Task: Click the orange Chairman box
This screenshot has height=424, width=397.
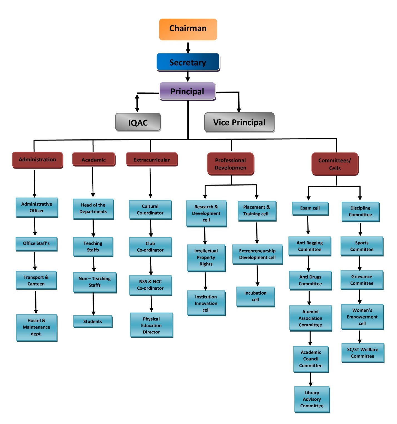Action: click(188, 29)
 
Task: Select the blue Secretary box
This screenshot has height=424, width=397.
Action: click(188, 62)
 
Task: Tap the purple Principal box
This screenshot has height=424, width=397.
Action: click(187, 91)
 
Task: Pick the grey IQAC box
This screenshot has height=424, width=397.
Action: click(138, 122)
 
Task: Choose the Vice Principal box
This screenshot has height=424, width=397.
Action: click(239, 122)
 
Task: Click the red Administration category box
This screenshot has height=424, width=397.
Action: click(38, 160)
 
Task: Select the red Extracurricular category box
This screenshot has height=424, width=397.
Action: click(152, 160)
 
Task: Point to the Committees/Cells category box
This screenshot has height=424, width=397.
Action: click(335, 164)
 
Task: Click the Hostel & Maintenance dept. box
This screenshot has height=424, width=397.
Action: click(36, 327)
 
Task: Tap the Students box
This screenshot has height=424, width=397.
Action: click(93, 321)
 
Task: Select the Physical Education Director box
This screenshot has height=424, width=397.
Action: click(151, 325)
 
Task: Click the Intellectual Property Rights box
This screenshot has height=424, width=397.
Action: click(206, 257)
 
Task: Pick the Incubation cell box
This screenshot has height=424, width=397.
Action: click(255, 296)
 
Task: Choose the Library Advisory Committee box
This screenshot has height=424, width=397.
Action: click(312, 399)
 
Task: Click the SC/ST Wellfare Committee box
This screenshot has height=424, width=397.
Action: click(363, 353)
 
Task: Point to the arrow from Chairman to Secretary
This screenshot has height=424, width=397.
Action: click(188, 48)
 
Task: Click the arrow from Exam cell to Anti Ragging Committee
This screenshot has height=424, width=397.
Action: click(308, 225)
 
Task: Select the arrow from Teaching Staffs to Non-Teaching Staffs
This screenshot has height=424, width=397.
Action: click(94, 264)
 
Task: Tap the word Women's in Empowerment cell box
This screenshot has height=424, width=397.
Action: click(362, 310)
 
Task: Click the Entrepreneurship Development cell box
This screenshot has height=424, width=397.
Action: click(257, 254)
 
